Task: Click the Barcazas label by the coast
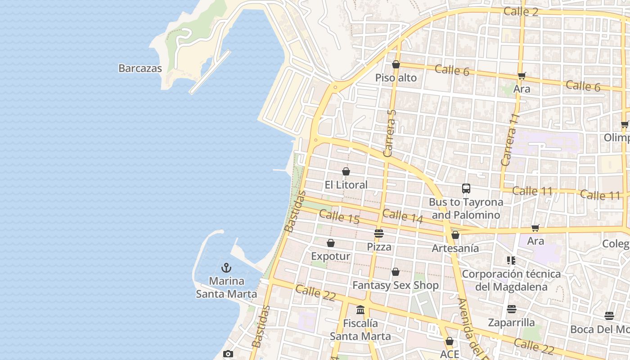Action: coord(140,68)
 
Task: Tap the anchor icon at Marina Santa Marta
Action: coord(226,268)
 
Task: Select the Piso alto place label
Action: coord(396,78)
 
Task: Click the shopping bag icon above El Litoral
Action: coord(346,171)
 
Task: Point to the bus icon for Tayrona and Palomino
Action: coord(466,189)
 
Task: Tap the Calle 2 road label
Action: coord(521,11)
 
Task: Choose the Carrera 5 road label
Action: coord(390,133)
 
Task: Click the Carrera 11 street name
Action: coord(510,139)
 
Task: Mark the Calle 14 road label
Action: coord(403,216)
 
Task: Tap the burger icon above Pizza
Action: coord(379,234)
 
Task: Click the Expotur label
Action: coord(330,256)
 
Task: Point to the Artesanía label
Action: coord(455,248)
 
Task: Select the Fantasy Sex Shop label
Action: coord(395,285)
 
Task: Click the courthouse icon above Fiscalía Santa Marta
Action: coord(360,310)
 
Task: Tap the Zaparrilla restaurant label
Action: coord(511,323)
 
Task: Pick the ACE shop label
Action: coord(450,354)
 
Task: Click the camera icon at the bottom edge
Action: coord(228,354)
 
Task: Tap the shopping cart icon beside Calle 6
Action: coord(522,76)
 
